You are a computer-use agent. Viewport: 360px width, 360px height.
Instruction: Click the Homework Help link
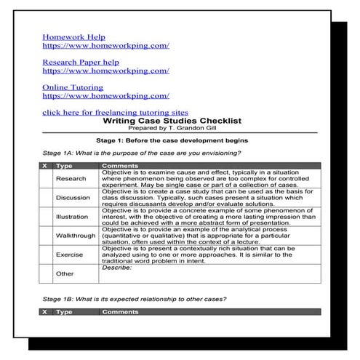73,36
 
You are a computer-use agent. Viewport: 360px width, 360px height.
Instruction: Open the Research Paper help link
81,63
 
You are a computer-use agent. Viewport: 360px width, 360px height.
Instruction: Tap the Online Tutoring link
73,88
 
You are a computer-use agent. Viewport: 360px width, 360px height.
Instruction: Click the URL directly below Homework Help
105,45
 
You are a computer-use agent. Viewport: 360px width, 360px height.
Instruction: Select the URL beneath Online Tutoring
105,96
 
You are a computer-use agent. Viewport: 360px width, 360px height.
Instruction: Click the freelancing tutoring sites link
115,113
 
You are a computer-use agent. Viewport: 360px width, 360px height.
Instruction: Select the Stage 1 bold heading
182,140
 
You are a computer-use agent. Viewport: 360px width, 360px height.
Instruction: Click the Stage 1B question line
135,299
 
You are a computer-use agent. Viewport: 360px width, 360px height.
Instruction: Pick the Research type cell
71,179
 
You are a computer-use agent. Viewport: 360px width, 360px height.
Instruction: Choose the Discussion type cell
73,198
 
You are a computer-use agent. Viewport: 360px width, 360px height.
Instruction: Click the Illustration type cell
73,217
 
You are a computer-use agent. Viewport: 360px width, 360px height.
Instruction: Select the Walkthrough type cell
75,236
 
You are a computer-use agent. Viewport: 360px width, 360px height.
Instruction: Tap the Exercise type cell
71,255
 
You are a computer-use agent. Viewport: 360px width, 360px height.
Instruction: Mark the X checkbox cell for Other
45,274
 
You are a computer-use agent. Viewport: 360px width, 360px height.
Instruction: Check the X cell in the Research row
45,179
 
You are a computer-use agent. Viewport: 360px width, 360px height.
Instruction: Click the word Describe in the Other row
116,268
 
